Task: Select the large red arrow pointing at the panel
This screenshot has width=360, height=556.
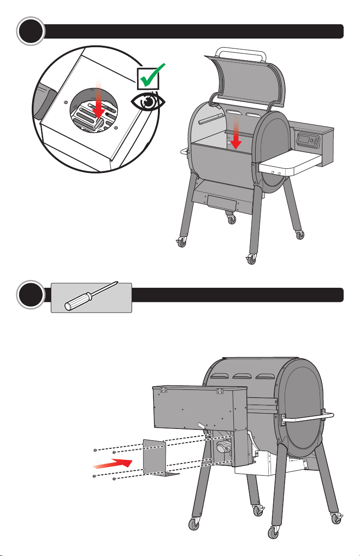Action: [x=111, y=464]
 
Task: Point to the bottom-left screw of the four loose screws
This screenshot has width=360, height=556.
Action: [x=94, y=476]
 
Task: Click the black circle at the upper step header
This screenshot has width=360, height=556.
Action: [x=30, y=31]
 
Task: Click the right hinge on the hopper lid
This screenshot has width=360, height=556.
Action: [x=220, y=391]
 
